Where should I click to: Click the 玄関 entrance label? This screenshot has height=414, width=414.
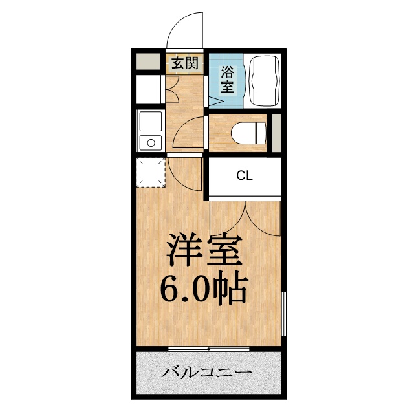[184, 63]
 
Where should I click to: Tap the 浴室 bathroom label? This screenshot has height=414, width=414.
[228, 79]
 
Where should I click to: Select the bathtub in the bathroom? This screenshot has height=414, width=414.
[263, 81]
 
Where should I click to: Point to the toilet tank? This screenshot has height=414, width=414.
[261, 133]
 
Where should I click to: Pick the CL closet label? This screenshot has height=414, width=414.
[244, 175]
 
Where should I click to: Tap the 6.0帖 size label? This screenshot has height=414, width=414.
[204, 290]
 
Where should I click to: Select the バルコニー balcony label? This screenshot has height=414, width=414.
[207, 373]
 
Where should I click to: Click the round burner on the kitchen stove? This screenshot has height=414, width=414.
[151, 142]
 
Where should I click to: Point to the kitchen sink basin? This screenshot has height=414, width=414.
[150, 121]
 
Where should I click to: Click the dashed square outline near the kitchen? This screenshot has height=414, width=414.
[151, 171]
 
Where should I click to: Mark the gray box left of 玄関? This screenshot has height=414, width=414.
[147, 63]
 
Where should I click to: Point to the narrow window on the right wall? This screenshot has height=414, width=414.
[283, 314]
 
